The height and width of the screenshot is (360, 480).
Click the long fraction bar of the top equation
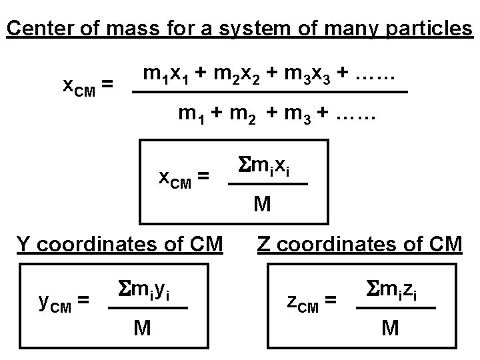pos(270,93)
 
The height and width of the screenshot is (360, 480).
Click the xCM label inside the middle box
pos(180,177)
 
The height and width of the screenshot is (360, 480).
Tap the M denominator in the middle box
pos(263,204)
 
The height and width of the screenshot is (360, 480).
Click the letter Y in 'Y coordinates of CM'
pos(23,244)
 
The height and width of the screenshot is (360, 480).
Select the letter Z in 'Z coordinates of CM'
pos(264,244)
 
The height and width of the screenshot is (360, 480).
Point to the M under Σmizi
pos(391,327)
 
